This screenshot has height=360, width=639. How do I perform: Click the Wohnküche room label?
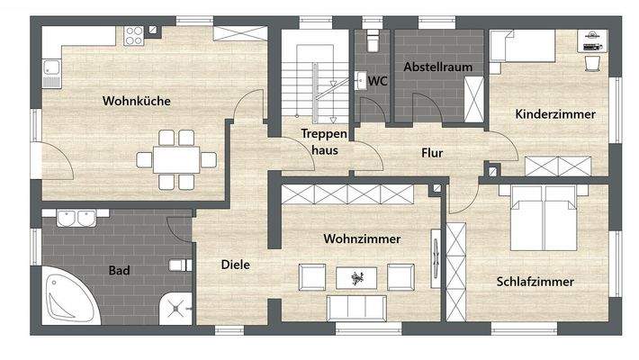tap(136, 101)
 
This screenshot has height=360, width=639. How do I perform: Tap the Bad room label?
tap(118, 269)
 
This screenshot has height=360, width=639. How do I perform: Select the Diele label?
tap(235, 265)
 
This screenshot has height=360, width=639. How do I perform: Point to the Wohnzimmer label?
tap(362, 238)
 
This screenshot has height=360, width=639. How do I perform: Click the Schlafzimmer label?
tap(535, 281)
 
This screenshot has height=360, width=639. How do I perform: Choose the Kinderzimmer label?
tap(555, 114)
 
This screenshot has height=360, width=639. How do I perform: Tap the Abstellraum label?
tap(437, 67)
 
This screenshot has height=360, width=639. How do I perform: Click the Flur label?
tap(432, 153)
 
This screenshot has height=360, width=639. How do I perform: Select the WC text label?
tap(378, 81)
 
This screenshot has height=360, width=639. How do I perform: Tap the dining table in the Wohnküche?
tap(176, 160)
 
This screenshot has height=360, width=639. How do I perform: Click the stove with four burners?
tap(135, 36)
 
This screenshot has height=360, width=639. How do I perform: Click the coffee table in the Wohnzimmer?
tap(358, 277)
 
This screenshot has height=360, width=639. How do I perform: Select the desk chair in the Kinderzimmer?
tap(593, 61)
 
